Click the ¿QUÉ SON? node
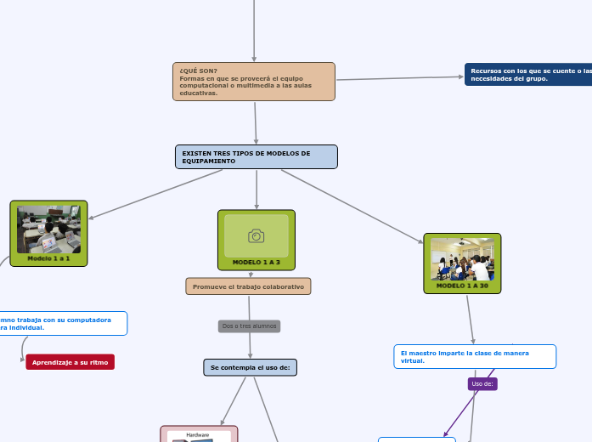(x=253, y=81)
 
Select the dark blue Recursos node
(x=528, y=75)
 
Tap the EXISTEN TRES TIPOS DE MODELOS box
(x=256, y=156)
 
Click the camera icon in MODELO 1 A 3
(x=257, y=235)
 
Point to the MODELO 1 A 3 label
(x=257, y=263)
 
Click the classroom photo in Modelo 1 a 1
(x=48, y=229)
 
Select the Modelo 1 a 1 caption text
(x=48, y=258)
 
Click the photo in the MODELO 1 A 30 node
(x=462, y=258)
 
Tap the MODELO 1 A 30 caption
(x=462, y=286)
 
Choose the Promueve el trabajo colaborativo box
(x=248, y=286)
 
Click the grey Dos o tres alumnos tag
(x=249, y=326)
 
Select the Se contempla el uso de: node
(x=250, y=367)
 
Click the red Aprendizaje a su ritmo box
(x=70, y=362)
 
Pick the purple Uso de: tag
(x=482, y=384)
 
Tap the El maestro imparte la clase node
(x=475, y=356)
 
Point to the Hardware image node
(x=199, y=434)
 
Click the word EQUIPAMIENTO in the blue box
(x=205, y=161)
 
